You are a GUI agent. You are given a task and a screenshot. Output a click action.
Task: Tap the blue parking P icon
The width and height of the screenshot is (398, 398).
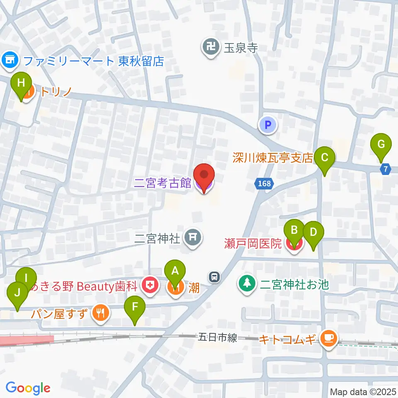tap(268, 125)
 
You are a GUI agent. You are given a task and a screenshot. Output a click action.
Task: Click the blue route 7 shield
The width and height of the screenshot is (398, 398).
tap(386, 169)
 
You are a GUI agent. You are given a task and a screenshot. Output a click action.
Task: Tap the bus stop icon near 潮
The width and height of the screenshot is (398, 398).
tap(214, 276)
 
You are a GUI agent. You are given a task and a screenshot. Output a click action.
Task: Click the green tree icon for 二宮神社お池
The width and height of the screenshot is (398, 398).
tap(247, 284)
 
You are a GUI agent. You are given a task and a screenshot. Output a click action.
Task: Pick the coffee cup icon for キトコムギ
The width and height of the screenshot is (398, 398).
tap(329, 340)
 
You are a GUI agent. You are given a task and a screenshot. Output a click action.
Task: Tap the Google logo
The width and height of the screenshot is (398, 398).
tap(28, 388)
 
